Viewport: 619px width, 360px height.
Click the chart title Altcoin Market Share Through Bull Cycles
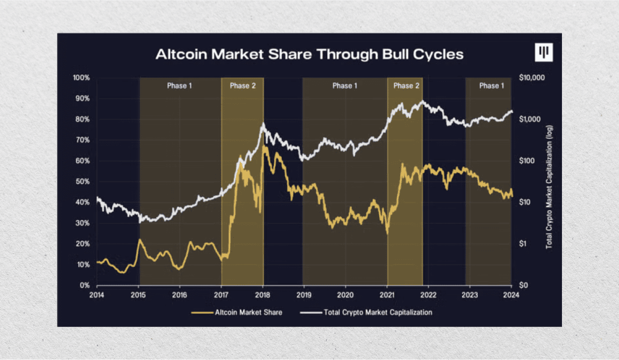coord(309,54)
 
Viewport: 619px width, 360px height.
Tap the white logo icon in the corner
coord(544,52)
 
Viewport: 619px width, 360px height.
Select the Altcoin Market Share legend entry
coord(237,312)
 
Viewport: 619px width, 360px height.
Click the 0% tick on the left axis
coord(85,285)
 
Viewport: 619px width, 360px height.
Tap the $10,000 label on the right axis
coord(532,78)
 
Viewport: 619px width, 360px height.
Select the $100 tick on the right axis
coord(526,161)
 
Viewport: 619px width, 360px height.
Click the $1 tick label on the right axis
coord(524,244)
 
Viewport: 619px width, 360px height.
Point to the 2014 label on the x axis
coord(97,295)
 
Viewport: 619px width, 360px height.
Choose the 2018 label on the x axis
coord(263,295)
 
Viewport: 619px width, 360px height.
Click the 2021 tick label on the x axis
coord(387,295)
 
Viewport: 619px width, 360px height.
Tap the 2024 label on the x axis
coord(511,295)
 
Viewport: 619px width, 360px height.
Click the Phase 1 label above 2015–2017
coord(180,86)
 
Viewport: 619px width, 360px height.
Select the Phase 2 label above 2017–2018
coord(242,86)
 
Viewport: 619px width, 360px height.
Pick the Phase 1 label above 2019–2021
coord(345,86)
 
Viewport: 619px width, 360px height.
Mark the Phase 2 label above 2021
coord(406,86)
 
